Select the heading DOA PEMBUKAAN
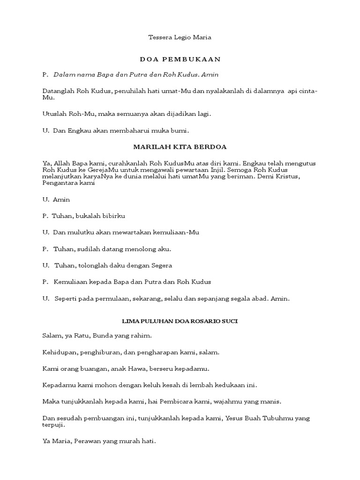click(x=180, y=60)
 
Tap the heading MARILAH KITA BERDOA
click(x=180, y=147)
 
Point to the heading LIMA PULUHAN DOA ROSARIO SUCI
click(x=180, y=321)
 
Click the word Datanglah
click(x=58, y=91)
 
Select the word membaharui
click(x=129, y=130)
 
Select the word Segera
click(x=162, y=265)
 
